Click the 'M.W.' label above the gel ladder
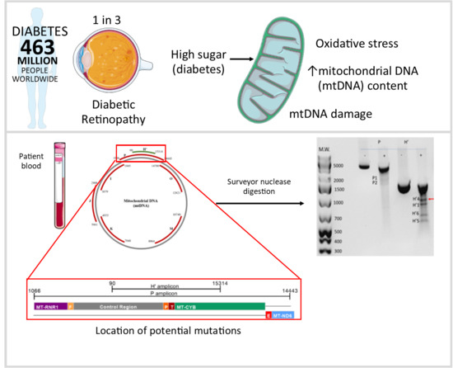pyautogui.click(x=324, y=149)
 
